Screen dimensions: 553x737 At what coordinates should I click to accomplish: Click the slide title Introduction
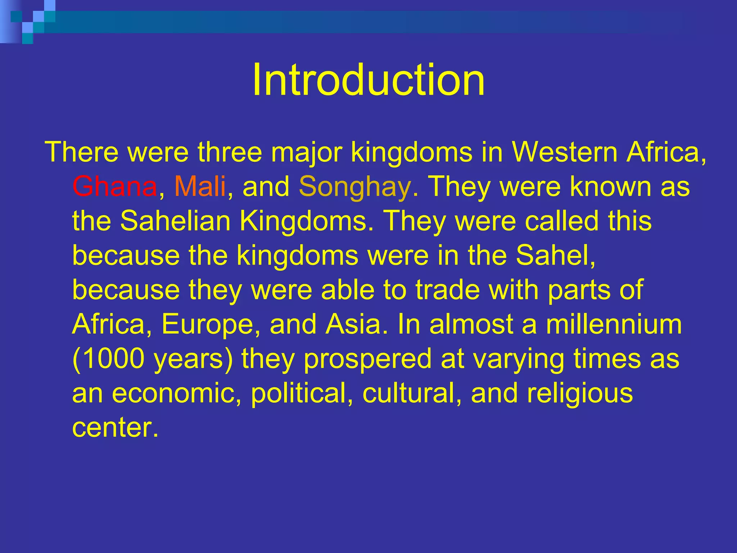click(368, 80)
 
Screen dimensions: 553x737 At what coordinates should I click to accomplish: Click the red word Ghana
click(114, 186)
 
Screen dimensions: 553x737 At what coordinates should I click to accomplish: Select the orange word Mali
click(200, 186)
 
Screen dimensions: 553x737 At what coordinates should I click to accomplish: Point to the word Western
click(565, 152)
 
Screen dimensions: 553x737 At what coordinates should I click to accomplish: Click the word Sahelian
click(175, 221)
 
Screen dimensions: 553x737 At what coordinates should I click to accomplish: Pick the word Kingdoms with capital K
click(303, 221)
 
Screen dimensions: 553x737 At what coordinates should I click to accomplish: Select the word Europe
click(207, 324)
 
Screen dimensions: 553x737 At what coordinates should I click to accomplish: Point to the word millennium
click(614, 324)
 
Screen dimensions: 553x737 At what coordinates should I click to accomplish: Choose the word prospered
click(367, 359)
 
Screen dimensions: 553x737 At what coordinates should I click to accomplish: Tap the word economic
click(176, 393)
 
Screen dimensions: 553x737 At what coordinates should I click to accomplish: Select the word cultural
click(408, 393)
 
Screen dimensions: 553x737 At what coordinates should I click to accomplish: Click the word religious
click(580, 394)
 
